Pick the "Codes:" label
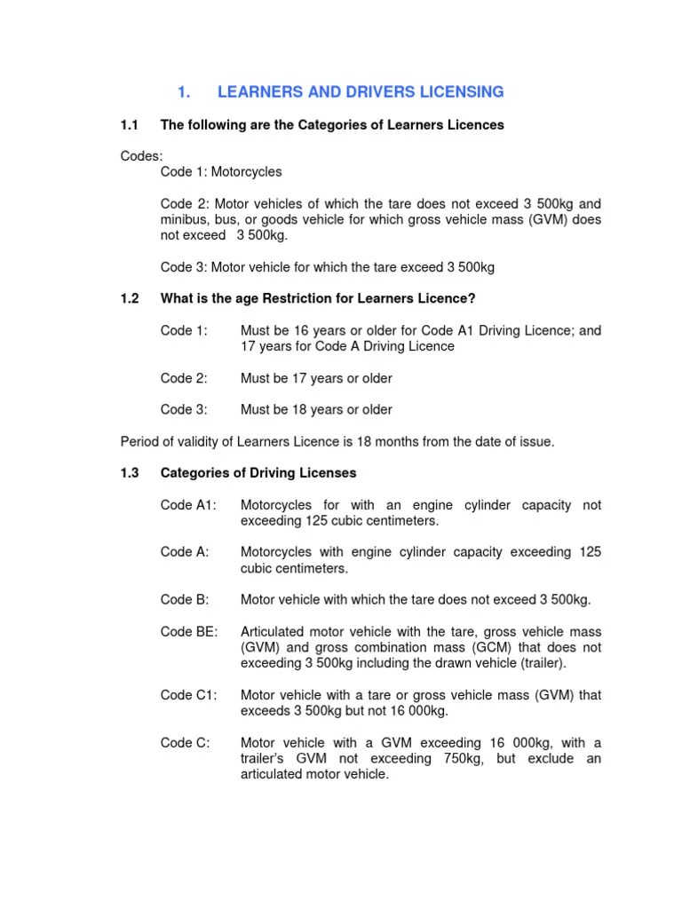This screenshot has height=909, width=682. pyautogui.click(x=141, y=156)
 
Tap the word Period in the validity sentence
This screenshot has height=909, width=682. pyautogui.click(x=139, y=442)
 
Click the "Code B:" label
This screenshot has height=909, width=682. pyautogui.click(x=185, y=600)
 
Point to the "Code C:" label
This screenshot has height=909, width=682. pyautogui.click(x=185, y=742)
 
